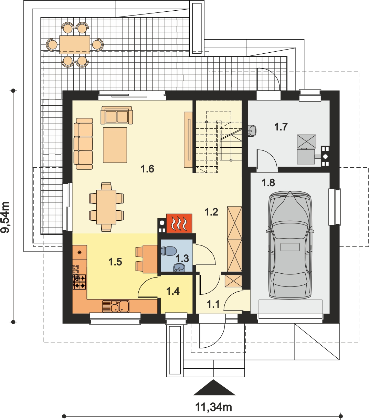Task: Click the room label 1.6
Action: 147,169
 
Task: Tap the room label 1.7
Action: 281,127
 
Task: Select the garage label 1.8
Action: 268,183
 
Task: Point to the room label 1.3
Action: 182,258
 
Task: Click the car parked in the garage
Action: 290,245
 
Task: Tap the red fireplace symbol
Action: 179,223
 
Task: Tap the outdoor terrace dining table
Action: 75,44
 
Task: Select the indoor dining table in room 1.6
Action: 106,207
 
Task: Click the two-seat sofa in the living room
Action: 117,115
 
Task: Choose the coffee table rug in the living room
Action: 115,145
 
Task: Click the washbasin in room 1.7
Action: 252,131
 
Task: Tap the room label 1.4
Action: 173,291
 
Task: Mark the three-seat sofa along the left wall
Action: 83,144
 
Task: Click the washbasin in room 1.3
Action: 180,267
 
